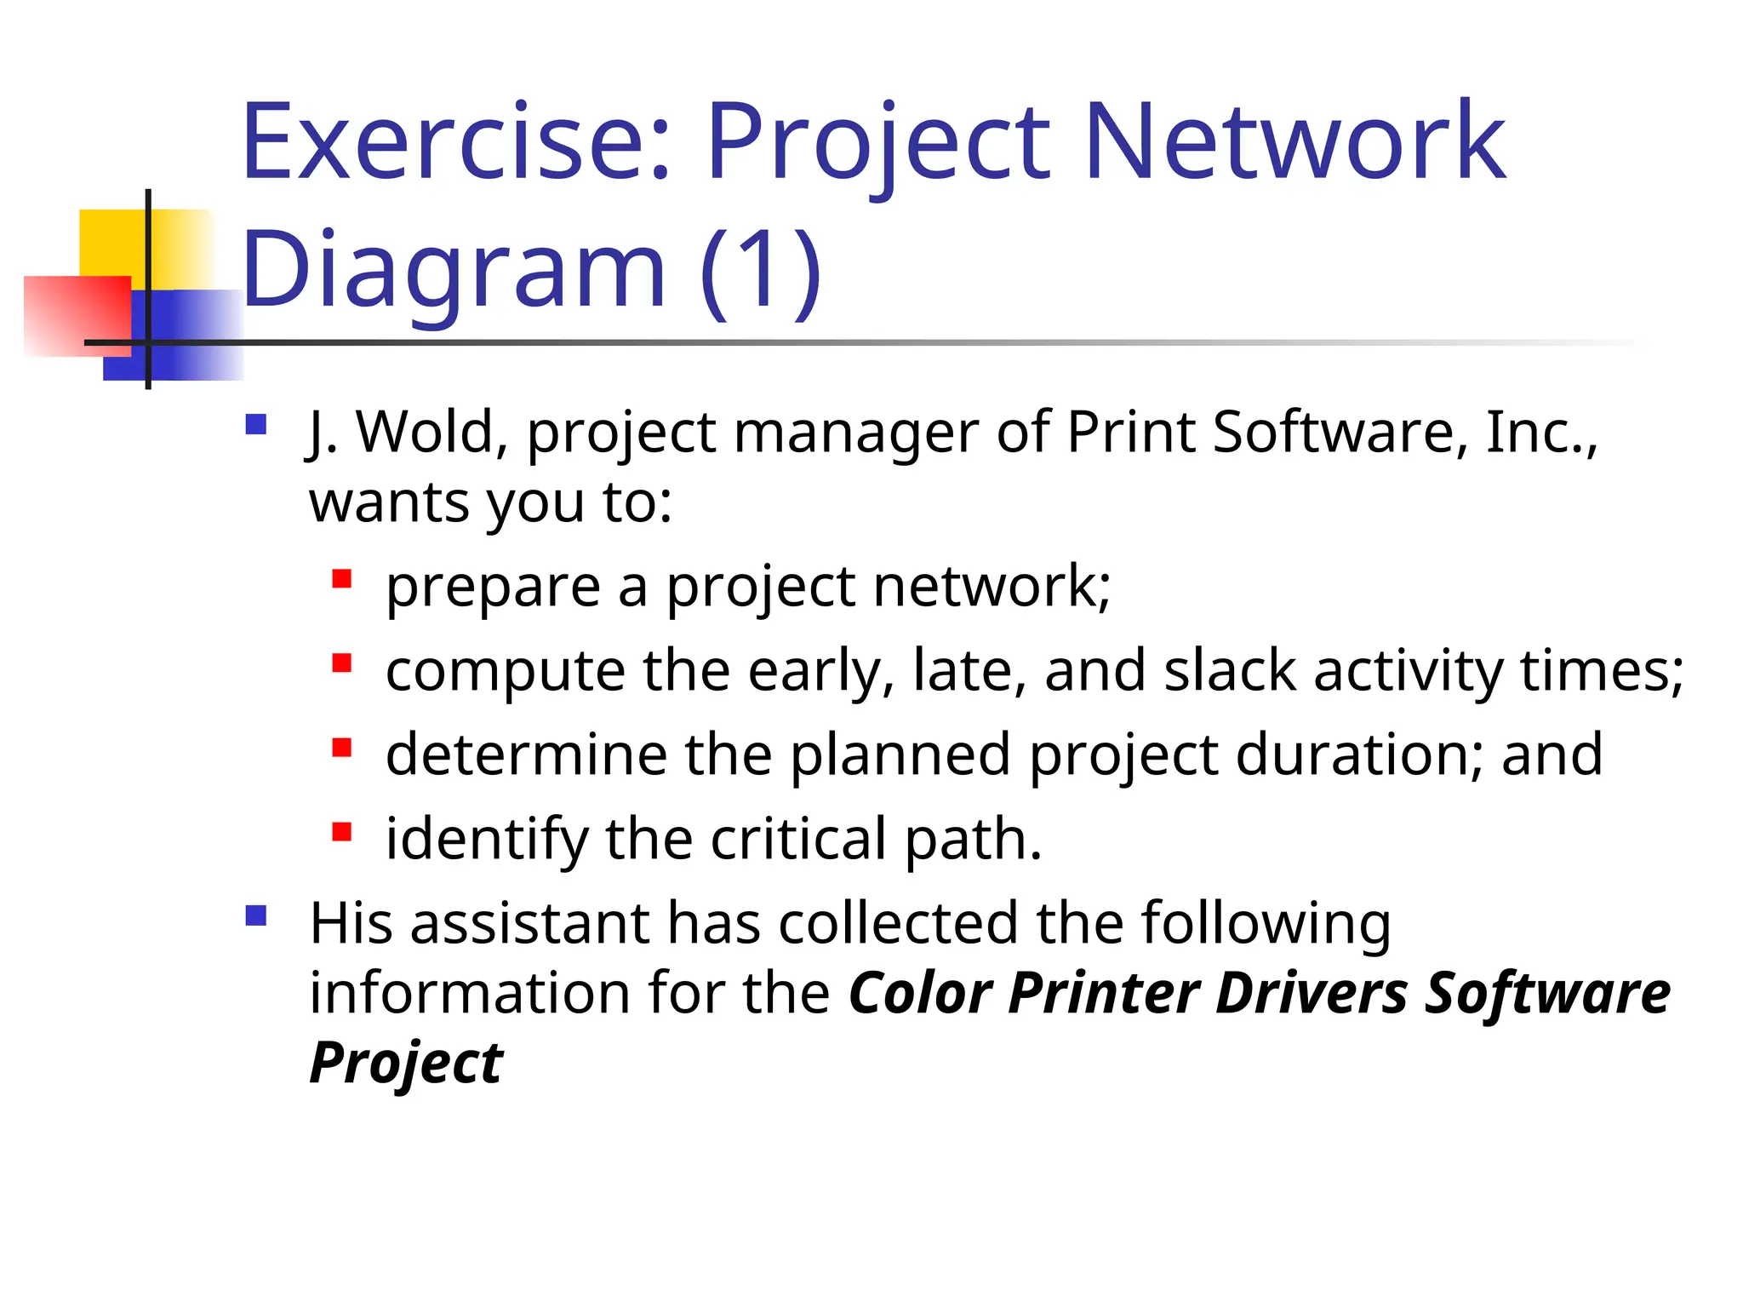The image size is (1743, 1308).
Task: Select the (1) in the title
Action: click(760, 271)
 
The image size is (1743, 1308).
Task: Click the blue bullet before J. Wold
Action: click(256, 424)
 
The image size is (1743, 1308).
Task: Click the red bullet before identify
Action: click(342, 832)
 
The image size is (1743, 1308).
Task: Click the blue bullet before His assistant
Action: click(256, 915)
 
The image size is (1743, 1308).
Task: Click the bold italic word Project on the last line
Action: click(406, 1064)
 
